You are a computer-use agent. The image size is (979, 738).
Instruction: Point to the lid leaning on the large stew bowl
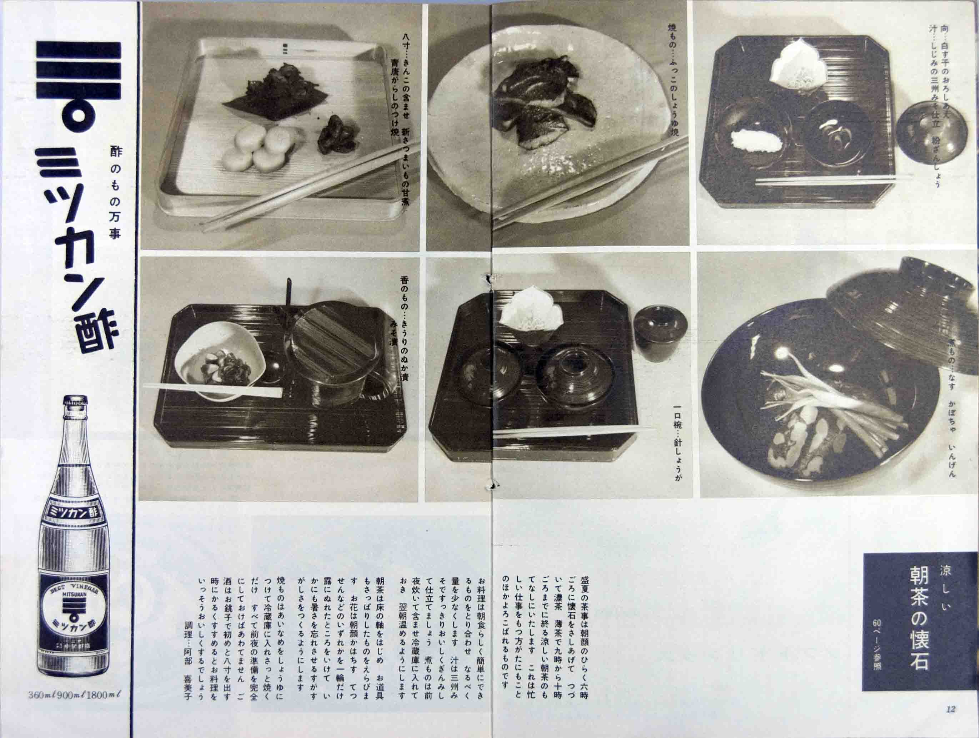(x=885, y=310)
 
